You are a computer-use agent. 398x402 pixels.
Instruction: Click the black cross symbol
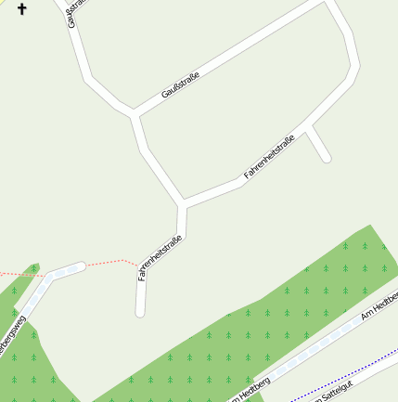click(x=22, y=9)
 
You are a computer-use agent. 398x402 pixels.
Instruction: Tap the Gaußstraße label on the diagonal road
click(x=181, y=84)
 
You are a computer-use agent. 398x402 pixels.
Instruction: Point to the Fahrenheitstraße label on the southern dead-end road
click(x=160, y=257)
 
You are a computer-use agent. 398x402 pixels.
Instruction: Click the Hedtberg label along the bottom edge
click(x=250, y=388)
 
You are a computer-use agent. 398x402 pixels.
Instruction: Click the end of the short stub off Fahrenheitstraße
click(x=327, y=159)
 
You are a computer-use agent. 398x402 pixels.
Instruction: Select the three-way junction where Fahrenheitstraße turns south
click(x=183, y=202)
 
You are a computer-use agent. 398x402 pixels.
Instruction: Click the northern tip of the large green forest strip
click(x=370, y=227)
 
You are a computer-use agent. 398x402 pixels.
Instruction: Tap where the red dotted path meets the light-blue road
click(x=82, y=266)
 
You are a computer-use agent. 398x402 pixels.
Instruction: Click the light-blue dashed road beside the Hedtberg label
click(x=297, y=358)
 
